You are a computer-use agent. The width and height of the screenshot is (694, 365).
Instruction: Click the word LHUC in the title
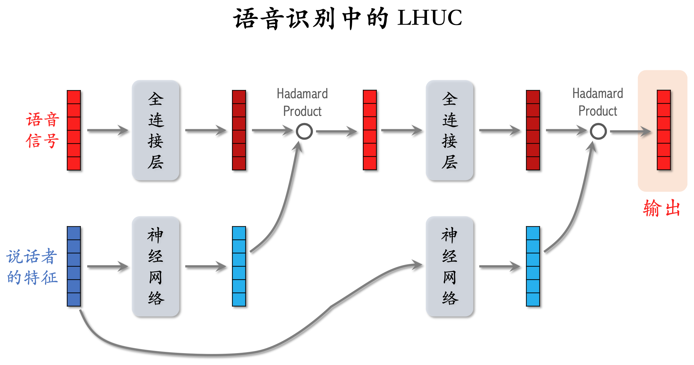429,18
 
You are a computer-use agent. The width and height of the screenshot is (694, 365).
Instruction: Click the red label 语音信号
42,130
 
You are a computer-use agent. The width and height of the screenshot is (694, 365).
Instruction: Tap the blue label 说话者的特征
32,267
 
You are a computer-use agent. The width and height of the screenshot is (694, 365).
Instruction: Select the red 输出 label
662,208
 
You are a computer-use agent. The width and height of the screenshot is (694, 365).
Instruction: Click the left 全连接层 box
156,130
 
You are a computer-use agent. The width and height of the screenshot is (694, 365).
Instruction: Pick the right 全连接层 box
449,130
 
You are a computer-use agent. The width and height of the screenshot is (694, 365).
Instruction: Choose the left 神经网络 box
156,266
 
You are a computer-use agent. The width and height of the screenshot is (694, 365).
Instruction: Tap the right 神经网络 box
449,266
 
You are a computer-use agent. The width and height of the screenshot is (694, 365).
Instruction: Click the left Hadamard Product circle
304,131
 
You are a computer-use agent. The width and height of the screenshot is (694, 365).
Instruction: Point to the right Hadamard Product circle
598,131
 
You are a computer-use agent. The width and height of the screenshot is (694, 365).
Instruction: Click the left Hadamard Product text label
302,102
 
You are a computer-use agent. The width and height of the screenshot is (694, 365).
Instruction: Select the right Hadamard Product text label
598,102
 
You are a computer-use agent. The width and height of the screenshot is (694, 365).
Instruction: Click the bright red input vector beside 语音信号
74,130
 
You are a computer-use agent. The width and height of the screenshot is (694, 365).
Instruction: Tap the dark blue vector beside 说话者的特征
74,266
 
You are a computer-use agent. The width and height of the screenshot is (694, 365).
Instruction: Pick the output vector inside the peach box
664,130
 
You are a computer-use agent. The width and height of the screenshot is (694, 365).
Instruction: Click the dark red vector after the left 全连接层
239,130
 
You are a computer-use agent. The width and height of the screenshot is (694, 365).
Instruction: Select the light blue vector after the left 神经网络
239,266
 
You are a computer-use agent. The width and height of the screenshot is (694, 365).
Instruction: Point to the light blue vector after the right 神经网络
533,266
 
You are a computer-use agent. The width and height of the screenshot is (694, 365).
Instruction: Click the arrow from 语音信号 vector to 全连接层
108,130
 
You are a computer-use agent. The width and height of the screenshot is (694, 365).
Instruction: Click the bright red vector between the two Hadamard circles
370,130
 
